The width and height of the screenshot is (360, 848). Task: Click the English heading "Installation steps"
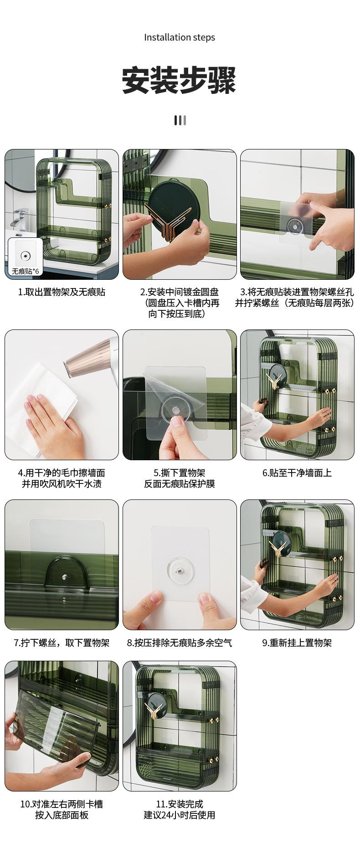click(180, 37)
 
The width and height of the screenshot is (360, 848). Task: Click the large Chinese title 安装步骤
click(180, 80)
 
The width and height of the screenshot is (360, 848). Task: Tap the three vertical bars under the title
click(180, 120)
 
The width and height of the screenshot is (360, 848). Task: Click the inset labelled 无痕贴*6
click(25, 257)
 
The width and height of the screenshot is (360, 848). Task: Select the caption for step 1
click(62, 292)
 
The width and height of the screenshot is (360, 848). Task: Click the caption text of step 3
click(297, 298)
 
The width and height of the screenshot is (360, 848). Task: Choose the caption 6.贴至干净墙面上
click(297, 473)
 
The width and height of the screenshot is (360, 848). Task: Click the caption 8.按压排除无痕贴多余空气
click(180, 643)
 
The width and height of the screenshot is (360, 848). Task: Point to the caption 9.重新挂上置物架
click(297, 643)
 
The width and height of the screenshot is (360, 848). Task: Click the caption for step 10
click(62, 810)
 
